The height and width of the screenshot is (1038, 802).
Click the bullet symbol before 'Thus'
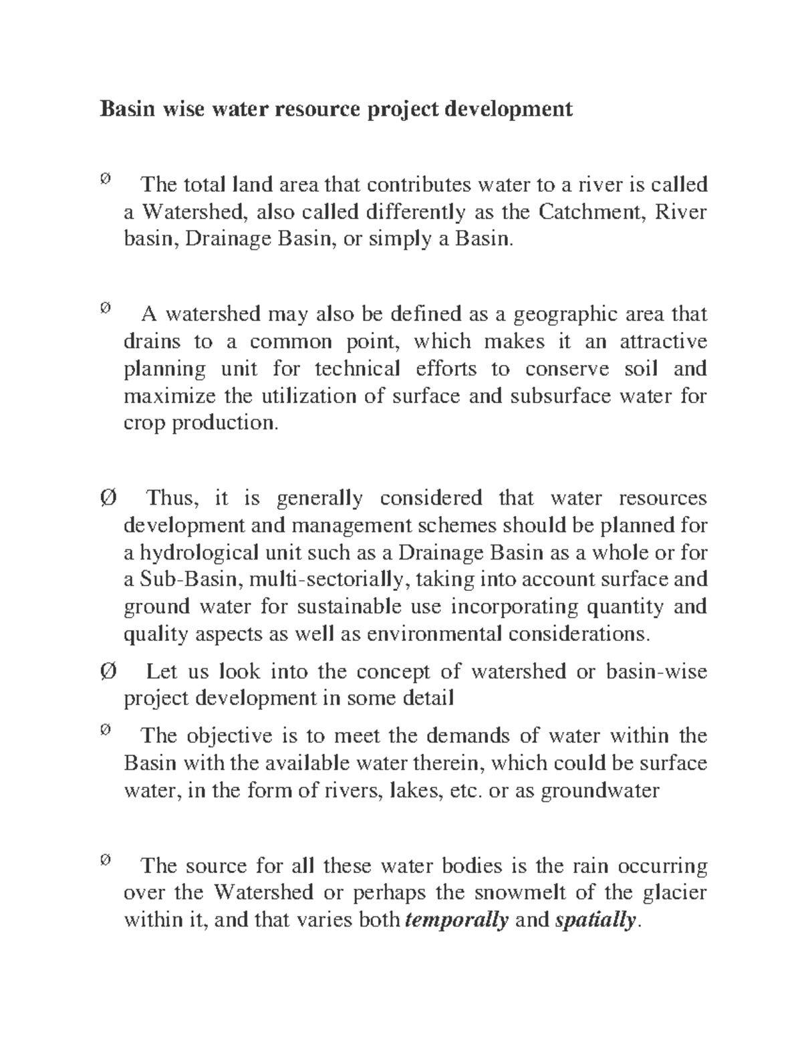click(108, 498)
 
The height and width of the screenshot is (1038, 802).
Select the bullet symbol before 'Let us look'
click(108, 671)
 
